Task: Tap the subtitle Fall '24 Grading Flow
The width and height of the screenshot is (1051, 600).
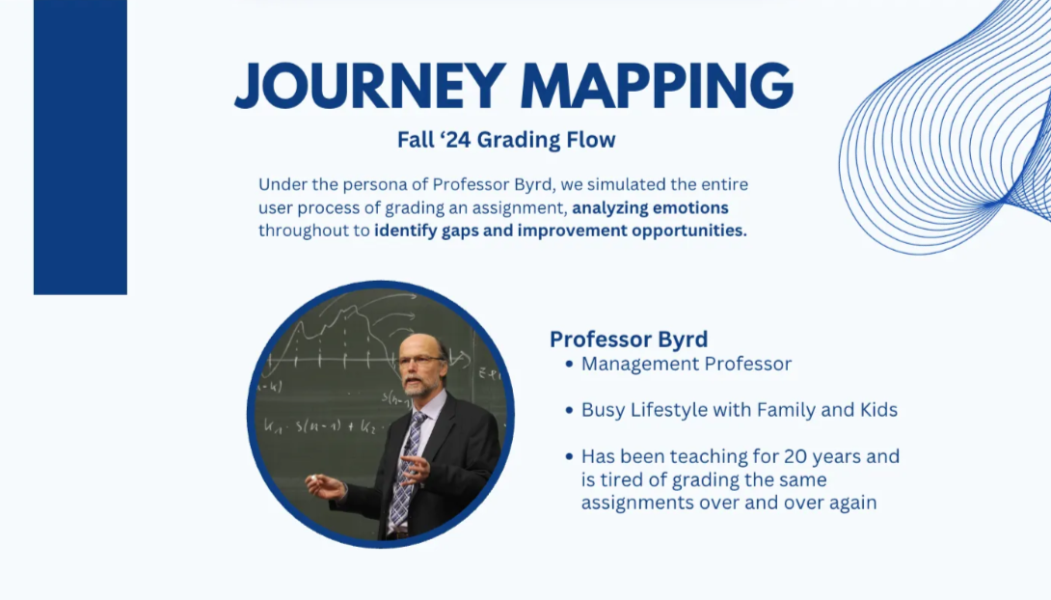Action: click(506, 140)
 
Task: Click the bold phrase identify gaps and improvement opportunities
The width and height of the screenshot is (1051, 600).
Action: click(560, 231)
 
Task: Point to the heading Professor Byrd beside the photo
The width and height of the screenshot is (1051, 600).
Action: click(629, 339)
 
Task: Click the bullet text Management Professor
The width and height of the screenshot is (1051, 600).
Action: click(686, 364)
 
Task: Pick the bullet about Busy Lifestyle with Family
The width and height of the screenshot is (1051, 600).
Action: click(739, 410)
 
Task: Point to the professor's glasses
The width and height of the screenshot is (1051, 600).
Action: click(420, 362)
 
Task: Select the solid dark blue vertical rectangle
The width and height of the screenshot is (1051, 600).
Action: click(80, 147)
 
